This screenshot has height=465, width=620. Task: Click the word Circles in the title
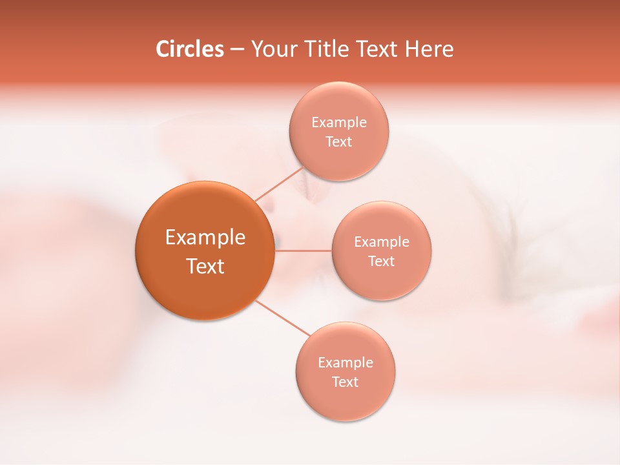(189, 49)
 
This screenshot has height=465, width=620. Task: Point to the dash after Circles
(236, 50)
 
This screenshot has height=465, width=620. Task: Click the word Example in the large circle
(205, 238)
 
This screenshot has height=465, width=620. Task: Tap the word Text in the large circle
(205, 266)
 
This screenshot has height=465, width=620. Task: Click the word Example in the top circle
(339, 123)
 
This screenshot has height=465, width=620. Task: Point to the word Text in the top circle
(338, 142)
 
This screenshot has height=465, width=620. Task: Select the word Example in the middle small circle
(382, 242)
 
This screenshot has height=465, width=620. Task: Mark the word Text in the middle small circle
(381, 262)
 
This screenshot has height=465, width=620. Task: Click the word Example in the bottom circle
(346, 363)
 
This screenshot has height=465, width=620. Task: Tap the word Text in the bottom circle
(345, 382)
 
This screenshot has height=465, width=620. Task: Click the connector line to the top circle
(279, 184)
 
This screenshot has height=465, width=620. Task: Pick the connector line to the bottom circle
(282, 318)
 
